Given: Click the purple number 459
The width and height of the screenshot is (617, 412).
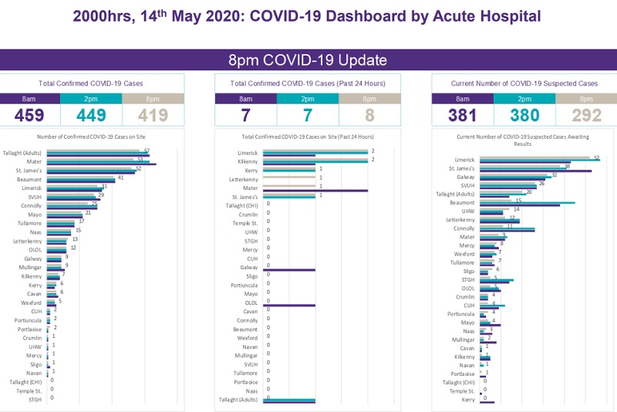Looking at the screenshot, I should [30, 116].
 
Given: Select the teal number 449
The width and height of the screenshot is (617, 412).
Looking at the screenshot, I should [91, 116].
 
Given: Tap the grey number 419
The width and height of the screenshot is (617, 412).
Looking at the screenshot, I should [153, 116].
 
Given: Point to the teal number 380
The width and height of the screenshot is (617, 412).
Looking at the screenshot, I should [524, 116].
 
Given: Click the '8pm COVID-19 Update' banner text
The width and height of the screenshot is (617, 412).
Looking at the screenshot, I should [308, 60].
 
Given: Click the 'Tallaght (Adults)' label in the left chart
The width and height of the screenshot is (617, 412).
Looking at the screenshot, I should [23, 153].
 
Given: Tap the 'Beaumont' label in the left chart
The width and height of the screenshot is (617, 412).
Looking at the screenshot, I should [30, 179].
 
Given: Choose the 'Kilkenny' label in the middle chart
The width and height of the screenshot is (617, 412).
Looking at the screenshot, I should [247, 161].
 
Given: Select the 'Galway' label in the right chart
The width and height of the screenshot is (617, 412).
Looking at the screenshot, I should [466, 177].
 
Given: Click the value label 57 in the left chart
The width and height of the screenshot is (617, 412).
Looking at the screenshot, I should [146, 150].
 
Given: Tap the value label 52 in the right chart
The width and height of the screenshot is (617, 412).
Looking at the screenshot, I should [596, 157].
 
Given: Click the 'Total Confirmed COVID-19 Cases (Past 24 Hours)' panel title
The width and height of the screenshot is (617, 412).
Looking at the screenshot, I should [308, 83].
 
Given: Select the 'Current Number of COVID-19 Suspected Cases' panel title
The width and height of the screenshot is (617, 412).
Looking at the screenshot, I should [524, 83].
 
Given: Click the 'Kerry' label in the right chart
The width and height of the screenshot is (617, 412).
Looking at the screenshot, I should [467, 400].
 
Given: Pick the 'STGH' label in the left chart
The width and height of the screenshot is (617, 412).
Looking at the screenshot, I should [35, 400].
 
